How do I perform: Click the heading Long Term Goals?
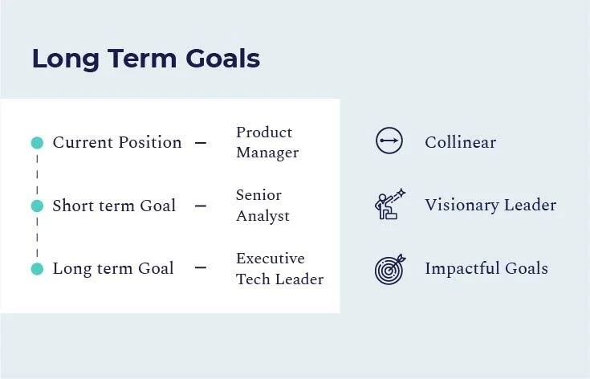click(145, 59)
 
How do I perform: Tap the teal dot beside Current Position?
click(37, 143)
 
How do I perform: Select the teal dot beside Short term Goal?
click(37, 206)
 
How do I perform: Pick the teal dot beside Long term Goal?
click(37, 269)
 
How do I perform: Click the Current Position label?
click(117, 143)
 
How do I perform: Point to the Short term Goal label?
click(114, 206)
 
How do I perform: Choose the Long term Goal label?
click(113, 269)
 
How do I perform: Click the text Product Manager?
click(267, 142)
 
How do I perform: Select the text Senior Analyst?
click(262, 206)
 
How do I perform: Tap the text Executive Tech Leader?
click(279, 269)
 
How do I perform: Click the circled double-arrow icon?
click(389, 141)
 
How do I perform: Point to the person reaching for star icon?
click(390, 205)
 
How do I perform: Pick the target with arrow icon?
click(390, 269)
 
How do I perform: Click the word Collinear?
click(460, 143)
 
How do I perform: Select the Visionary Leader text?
click(490, 206)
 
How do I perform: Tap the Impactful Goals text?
click(486, 269)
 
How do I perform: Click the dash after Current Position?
click(201, 143)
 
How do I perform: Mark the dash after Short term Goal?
click(201, 206)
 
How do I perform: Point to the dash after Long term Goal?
click(201, 269)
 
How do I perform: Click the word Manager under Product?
click(267, 153)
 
